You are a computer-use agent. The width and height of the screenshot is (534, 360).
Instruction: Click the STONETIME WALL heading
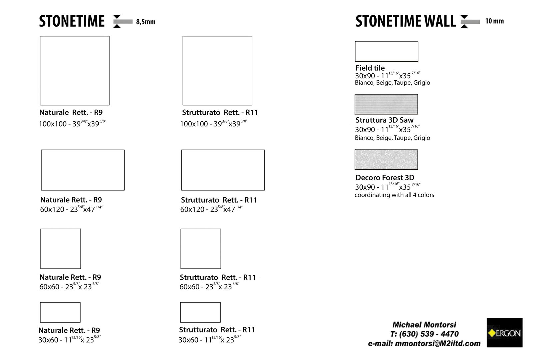(405, 21)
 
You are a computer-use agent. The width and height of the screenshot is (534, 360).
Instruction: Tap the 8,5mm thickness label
(146, 22)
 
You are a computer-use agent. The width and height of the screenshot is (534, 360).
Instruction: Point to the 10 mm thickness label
(494, 21)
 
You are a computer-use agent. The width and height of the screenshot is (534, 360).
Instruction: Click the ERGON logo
(504, 333)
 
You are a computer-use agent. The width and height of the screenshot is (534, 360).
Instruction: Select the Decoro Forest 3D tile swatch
(386, 160)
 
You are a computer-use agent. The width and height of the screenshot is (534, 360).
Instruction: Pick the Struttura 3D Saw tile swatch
(386, 104)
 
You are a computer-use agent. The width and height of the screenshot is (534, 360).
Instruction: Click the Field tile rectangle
(386, 52)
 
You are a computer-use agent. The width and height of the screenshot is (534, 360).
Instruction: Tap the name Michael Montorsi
(424, 325)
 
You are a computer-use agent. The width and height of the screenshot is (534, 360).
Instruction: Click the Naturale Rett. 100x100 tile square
(75, 71)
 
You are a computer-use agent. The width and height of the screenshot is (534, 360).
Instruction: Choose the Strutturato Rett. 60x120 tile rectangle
(223, 170)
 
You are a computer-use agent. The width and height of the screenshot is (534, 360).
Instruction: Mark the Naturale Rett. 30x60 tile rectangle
(60, 312)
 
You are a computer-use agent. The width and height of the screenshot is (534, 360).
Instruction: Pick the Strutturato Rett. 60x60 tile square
(201, 249)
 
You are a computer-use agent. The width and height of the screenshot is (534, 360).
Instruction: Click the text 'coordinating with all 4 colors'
(394, 195)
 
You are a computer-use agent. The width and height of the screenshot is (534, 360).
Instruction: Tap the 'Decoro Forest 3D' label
(385, 178)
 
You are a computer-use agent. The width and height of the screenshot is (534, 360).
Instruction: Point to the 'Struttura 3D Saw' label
(384, 120)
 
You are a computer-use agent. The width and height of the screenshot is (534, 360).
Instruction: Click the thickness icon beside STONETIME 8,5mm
(122, 22)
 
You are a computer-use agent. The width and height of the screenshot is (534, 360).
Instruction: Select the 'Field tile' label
(370, 68)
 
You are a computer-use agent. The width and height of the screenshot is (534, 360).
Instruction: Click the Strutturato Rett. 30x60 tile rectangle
(200, 312)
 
